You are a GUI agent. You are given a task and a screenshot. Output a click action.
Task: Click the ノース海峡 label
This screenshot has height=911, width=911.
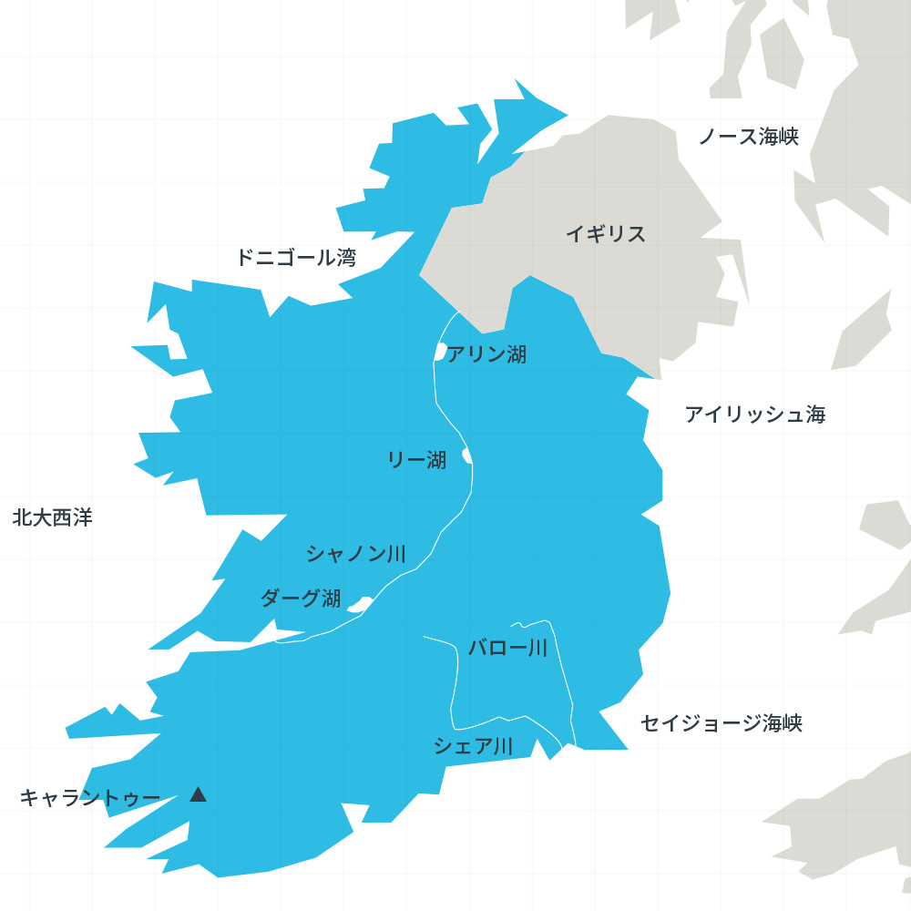tap(748, 138)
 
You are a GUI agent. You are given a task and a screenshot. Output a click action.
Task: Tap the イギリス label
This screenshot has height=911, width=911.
tap(606, 234)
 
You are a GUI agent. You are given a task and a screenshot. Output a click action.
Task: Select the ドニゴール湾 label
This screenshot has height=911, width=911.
tap(296, 258)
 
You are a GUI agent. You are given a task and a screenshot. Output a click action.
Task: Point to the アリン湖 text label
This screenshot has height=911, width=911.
tap(486, 354)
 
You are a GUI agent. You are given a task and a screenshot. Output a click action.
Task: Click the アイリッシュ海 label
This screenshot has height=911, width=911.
tap(755, 415)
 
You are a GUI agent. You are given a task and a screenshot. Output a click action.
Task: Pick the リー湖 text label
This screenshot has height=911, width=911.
tap(417, 461)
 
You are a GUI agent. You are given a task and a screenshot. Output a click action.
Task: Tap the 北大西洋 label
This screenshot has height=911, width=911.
tap(53, 518)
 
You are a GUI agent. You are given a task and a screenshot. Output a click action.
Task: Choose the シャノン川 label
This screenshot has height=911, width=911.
tap(356, 554)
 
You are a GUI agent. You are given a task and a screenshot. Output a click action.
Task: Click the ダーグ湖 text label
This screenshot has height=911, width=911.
tap(301, 599)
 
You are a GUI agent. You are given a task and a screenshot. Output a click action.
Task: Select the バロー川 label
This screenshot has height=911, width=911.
tap(507, 649)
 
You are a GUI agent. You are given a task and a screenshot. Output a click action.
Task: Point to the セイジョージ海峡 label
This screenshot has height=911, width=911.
tap(722, 724)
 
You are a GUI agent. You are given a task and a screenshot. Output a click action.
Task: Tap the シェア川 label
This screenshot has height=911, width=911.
tap(473, 747)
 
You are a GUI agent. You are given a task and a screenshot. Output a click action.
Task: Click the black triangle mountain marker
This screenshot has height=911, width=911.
tap(198, 794)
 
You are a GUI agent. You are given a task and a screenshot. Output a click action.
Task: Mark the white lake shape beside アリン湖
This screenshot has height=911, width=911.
tap(440, 352)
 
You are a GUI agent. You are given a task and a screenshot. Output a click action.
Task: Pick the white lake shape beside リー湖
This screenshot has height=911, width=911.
tap(466, 454)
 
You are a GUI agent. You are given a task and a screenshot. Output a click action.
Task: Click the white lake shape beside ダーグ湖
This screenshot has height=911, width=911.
tap(357, 603)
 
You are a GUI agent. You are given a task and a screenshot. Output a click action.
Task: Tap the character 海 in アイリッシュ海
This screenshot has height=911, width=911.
tap(815, 415)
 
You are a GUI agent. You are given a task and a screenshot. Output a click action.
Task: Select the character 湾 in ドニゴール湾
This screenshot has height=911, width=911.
tap(346, 258)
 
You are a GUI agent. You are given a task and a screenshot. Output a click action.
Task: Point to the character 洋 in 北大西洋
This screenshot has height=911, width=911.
tap(83, 518)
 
